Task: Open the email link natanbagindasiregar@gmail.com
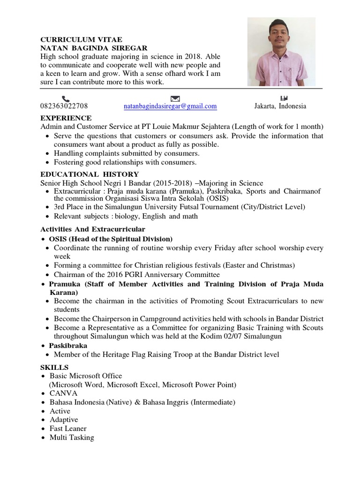(170, 106)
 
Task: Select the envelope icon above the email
(175, 98)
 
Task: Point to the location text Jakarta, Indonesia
(280, 106)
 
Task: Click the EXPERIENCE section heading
(66, 118)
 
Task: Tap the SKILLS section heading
(54, 367)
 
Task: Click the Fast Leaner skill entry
(68, 428)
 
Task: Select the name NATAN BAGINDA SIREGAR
(94, 48)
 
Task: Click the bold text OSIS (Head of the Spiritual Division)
(111, 239)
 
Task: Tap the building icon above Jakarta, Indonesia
(283, 98)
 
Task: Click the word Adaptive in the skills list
(64, 420)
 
